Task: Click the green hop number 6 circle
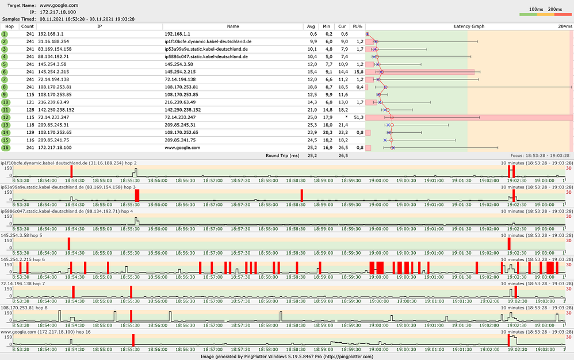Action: (x=5, y=71)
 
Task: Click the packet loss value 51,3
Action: (x=357, y=117)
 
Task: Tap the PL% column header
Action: (x=357, y=26)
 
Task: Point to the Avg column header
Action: (x=311, y=26)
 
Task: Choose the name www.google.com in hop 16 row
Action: (x=182, y=147)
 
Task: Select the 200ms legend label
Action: (x=555, y=9)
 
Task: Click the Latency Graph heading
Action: (x=469, y=26)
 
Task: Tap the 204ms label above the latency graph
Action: (x=564, y=26)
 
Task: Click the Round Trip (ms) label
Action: (x=283, y=155)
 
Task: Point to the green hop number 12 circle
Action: (x=5, y=117)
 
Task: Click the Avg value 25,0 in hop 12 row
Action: (x=311, y=117)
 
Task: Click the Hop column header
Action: (x=9, y=26)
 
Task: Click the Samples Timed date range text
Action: (x=87, y=19)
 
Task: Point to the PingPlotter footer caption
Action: (x=287, y=357)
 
